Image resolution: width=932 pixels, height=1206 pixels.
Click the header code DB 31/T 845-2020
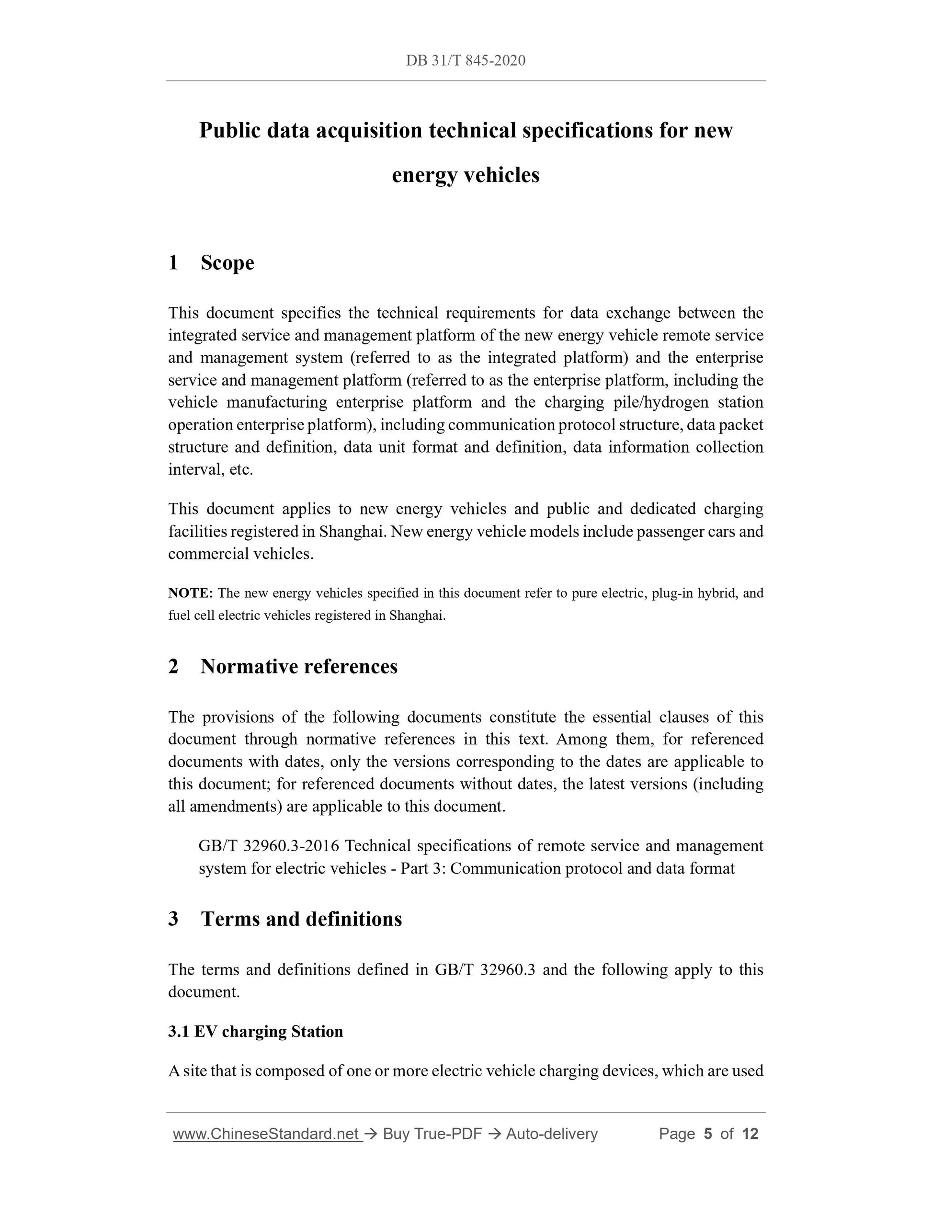click(466, 60)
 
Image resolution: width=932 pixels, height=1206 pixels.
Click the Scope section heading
click(227, 263)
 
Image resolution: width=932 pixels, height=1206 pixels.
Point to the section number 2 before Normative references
click(173, 667)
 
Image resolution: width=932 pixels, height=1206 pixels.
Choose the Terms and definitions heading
click(301, 919)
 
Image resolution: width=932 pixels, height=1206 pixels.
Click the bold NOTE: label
click(191, 593)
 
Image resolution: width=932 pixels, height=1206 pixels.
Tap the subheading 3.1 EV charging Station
click(256, 1032)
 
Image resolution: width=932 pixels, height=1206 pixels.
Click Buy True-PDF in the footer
click(432, 1134)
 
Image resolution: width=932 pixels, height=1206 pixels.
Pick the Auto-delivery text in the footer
click(552, 1134)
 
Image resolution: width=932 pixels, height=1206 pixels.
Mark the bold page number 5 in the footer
click(708, 1134)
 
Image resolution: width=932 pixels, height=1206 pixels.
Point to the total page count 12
click(750, 1134)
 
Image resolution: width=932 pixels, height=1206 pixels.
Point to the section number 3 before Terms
click(173, 919)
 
